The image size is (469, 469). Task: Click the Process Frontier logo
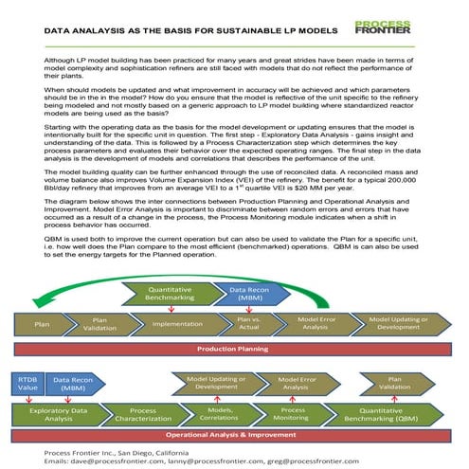383,27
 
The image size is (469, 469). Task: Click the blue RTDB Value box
27,384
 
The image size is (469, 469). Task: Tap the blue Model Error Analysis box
296,383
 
